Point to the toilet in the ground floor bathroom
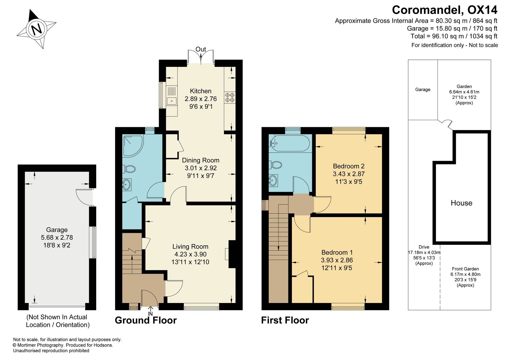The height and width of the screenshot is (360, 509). (129, 169)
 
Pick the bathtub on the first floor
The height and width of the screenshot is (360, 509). (289, 143)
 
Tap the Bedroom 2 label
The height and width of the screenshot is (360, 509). (349, 166)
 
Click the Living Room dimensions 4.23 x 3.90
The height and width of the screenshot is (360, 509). (190, 254)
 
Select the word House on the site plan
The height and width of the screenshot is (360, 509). (461, 203)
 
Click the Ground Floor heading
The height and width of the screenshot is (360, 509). (146, 320)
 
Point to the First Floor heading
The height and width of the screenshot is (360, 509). (285, 320)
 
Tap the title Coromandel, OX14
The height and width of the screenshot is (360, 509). (445, 10)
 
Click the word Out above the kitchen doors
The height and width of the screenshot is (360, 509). (201, 49)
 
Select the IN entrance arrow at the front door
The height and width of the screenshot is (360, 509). (150, 311)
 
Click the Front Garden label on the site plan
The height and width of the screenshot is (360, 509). (465, 269)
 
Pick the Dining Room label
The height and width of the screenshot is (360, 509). (201, 160)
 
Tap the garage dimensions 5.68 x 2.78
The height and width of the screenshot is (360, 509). (57, 237)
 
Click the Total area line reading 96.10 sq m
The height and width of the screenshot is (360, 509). (454, 36)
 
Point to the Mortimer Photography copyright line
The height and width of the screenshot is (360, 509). (63, 345)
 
